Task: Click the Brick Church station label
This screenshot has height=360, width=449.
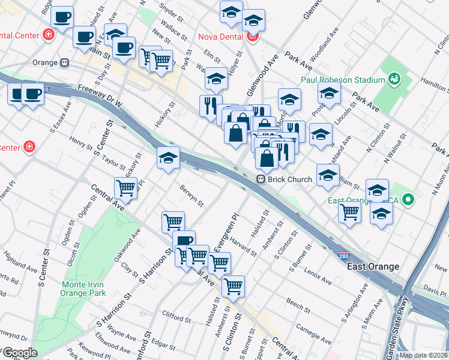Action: click(x=290, y=179)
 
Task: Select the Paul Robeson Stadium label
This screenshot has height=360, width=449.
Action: click(x=343, y=80)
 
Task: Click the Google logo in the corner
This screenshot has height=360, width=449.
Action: click(x=20, y=353)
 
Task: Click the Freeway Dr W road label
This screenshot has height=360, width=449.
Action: click(x=100, y=96)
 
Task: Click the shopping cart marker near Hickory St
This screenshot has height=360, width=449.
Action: click(x=125, y=188)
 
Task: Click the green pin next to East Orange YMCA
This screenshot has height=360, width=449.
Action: click(x=409, y=200)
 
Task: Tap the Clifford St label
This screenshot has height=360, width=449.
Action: click(x=176, y=314)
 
